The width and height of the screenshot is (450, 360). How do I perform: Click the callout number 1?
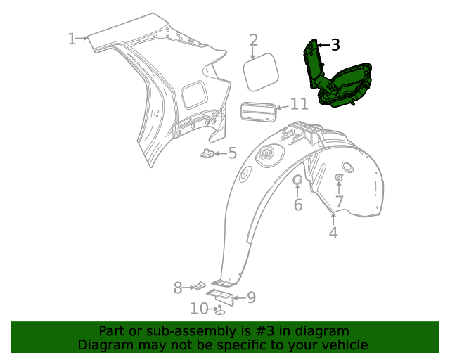72,39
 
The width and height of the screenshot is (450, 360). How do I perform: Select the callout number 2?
254,41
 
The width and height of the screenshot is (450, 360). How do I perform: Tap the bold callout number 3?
335,45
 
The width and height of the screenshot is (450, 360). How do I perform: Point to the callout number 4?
333,233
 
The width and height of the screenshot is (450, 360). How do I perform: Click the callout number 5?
232,153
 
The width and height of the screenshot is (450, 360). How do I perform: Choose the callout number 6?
297,205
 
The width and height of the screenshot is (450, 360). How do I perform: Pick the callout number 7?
339,202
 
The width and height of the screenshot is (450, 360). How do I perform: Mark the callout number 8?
178,287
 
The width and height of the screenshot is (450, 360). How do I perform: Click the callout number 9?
251,297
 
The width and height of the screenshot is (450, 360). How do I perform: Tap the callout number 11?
299,105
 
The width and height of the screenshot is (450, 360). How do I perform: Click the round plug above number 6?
297,181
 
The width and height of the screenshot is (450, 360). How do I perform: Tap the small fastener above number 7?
339,178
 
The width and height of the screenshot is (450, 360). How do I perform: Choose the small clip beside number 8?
200,286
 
